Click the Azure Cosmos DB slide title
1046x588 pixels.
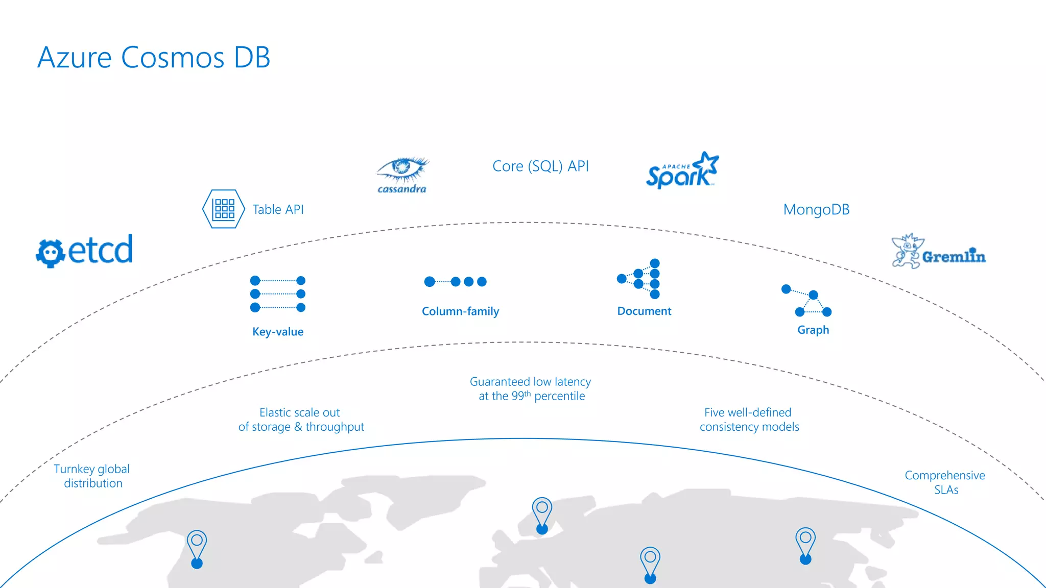pos(154,57)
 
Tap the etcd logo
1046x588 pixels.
pos(85,250)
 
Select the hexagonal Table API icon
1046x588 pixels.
pos(223,209)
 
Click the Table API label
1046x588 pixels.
pos(278,209)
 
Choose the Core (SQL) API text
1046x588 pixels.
pos(540,166)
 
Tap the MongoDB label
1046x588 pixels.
pos(816,210)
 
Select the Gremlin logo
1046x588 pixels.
pos(938,252)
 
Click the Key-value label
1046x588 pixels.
pos(278,332)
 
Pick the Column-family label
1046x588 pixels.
pos(460,311)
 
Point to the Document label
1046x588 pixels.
pos(644,311)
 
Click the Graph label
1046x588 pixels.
pos(813,330)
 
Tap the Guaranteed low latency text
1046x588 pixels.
pos(531,389)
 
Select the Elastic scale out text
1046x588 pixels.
pos(301,420)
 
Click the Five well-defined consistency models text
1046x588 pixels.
pos(749,420)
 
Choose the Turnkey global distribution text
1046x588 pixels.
pos(92,476)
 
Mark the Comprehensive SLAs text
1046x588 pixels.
pos(945,482)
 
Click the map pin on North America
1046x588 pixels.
pos(197,548)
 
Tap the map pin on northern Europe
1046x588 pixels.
pos(542,515)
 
